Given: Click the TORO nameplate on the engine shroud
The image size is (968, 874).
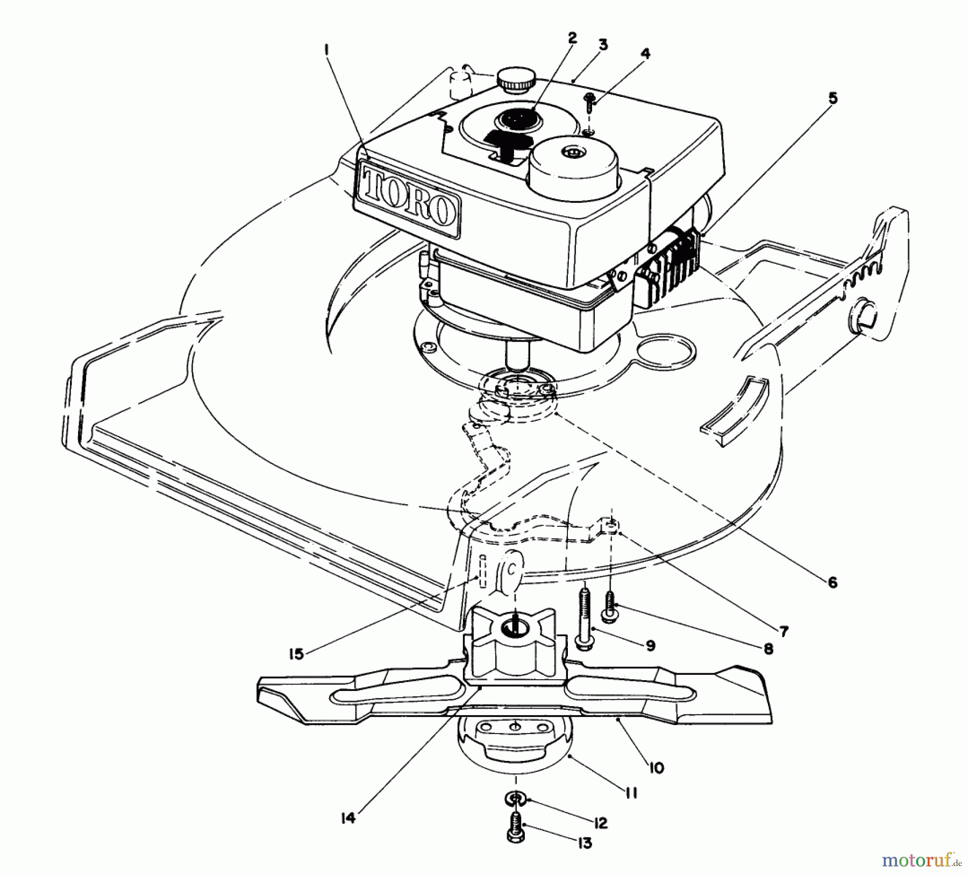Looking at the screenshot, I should [x=407, y=200].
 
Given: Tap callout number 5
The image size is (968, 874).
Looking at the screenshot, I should [x=832, y=98].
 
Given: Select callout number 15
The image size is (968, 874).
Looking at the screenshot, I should [x=296, y=653].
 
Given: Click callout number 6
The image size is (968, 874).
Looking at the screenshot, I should [x=832, y=582].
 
